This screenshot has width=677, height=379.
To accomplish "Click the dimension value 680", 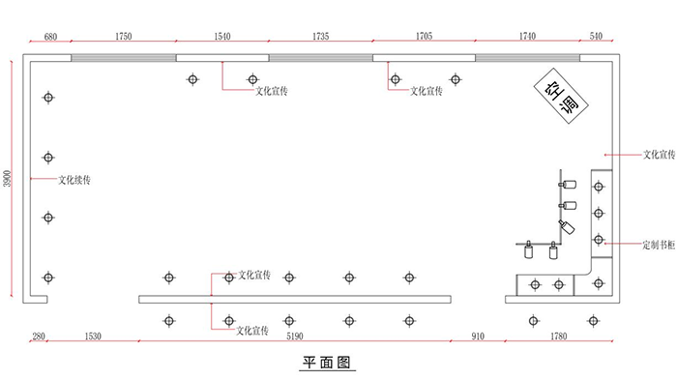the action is [x=50, y=36].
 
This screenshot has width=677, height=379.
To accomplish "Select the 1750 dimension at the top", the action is [x=123, y=36].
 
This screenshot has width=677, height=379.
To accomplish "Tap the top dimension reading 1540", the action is [x=221, y=36].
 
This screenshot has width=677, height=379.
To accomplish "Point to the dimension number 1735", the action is [x=321, y=36].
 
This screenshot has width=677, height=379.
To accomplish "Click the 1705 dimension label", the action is [x=423, y=36].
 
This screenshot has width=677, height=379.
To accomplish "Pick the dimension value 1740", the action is [x=526, y=36].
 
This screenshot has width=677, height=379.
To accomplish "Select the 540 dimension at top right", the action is [x=595, y=36].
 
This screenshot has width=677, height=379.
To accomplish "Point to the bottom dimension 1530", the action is [x=93, y=336].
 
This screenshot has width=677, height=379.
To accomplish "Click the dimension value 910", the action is [x=477, y=336].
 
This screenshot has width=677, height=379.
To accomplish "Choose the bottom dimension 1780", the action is [x=558, y=336].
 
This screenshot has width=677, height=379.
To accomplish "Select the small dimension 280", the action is [x=39, y=336].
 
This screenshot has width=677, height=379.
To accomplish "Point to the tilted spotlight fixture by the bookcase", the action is [x=566, y=227].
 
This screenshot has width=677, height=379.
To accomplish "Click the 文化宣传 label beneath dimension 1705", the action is [x=427, y=91].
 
